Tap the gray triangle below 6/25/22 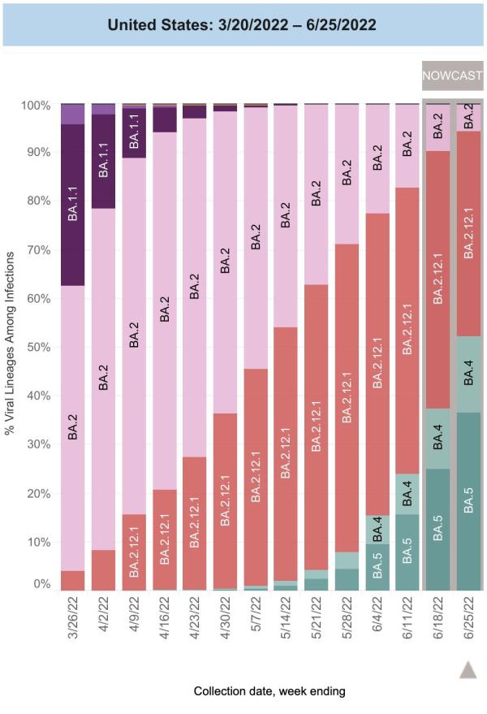(468, 669)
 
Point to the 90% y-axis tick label (40, 153)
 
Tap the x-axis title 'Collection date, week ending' (269, 691)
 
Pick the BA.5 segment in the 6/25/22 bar (468, 500)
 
